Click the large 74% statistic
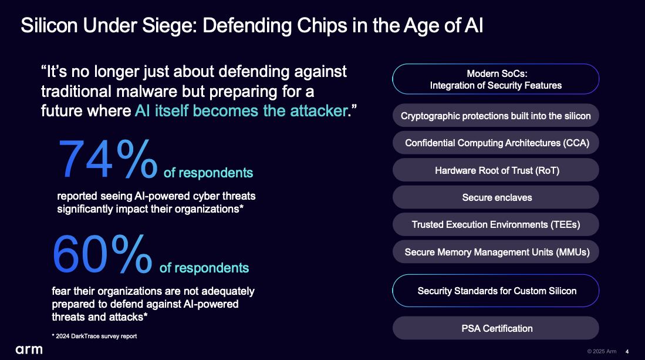tap(108, 159)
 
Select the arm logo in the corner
tap(29, 349)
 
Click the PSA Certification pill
tap(496, 328)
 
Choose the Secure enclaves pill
tap(496, 197)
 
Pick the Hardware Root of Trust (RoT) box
tap(496, 170)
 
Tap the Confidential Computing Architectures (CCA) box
tap(496, 143)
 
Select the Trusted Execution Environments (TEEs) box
tap(496, 224)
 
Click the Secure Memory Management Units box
tap(496, 252)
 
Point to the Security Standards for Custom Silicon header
tap(496, 291)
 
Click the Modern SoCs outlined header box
tap(496, 79)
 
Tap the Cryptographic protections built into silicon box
tap(496, 116)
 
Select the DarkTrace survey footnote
tap(94, 336)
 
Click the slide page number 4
tap(627, 351)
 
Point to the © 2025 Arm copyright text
tap(602, 351)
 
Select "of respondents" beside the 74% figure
tap(208, 173)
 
